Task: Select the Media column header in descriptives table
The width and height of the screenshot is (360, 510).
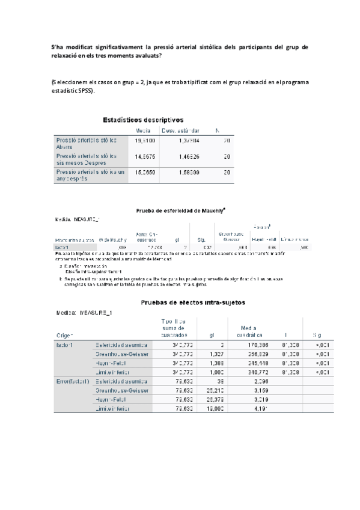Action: pyautogui.click(x=142, y=130)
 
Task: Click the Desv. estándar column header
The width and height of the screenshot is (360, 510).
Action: pyautogui.click(x=182, y=130)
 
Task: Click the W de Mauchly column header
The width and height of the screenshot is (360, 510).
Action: pyautogui.click(x=112, y=240)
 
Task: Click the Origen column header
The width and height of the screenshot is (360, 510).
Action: pyautogui.click(x=64, y=335)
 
